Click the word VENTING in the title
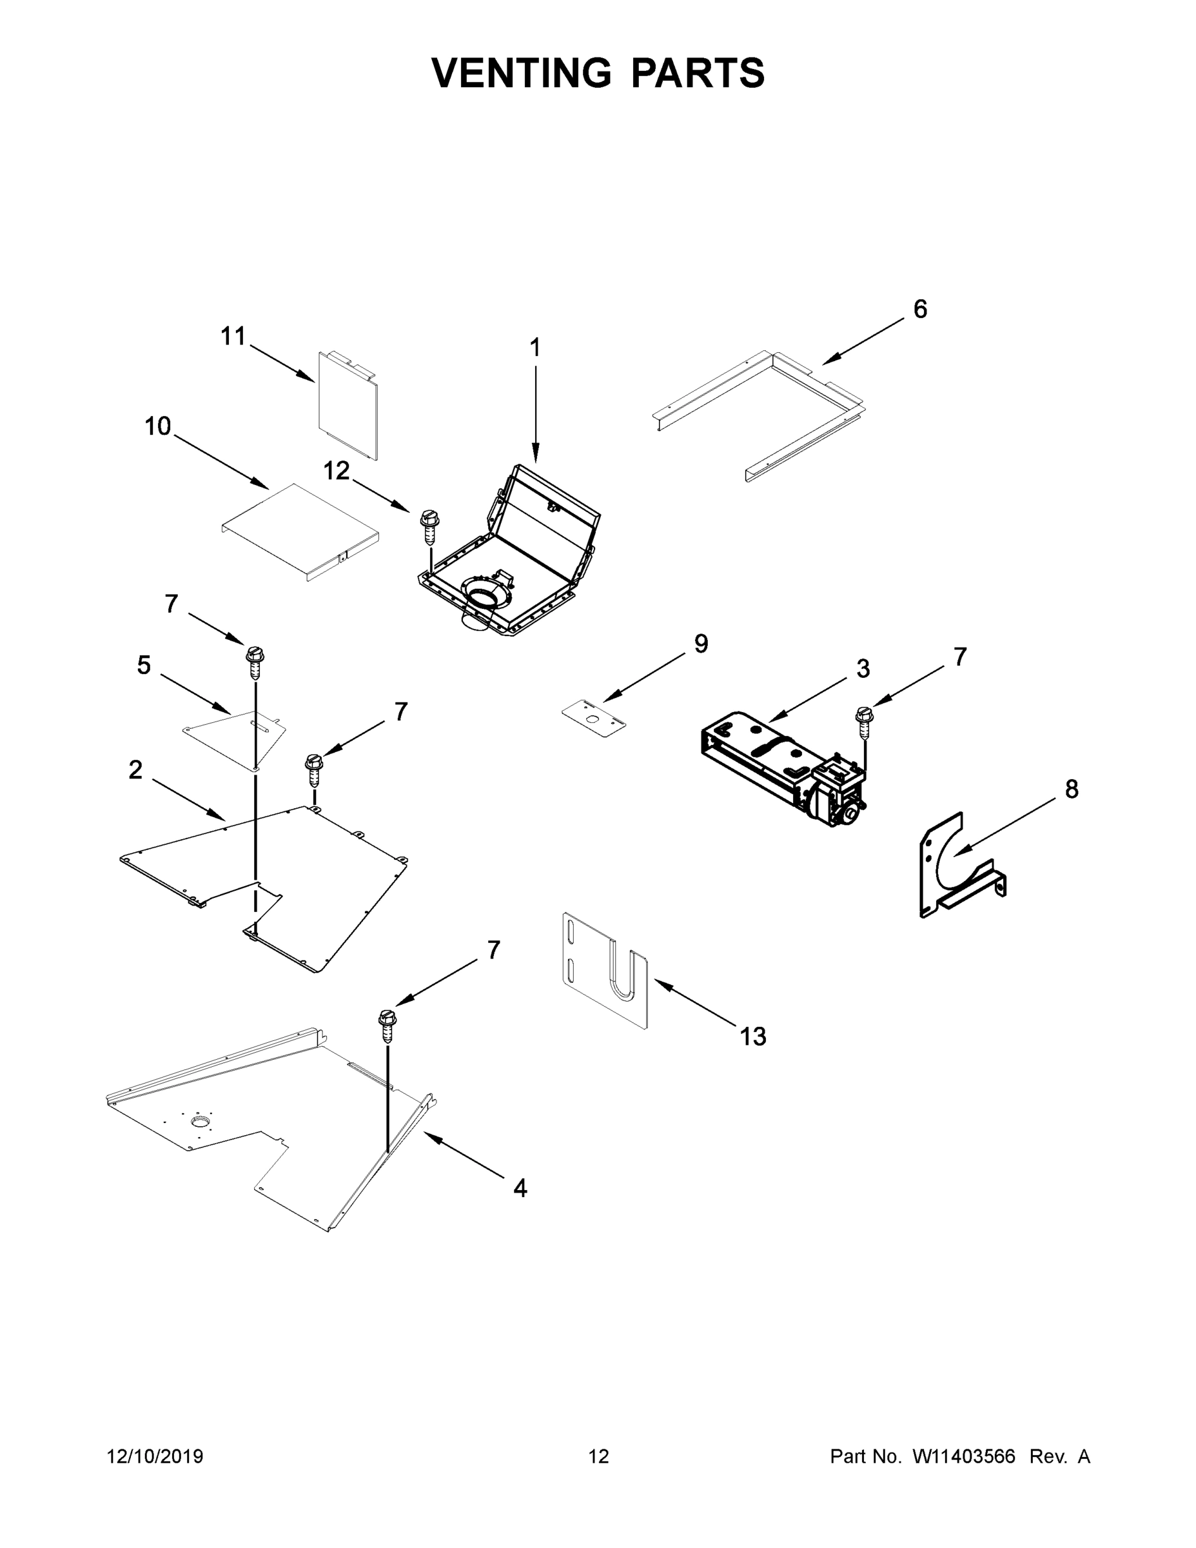(x=522, y=73)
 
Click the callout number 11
(x=233, y=336)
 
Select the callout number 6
(x=919, y=309)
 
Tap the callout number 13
(x=753, y=1037)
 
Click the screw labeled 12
(x=428, y=524)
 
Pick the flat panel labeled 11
(x=347, y=404)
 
